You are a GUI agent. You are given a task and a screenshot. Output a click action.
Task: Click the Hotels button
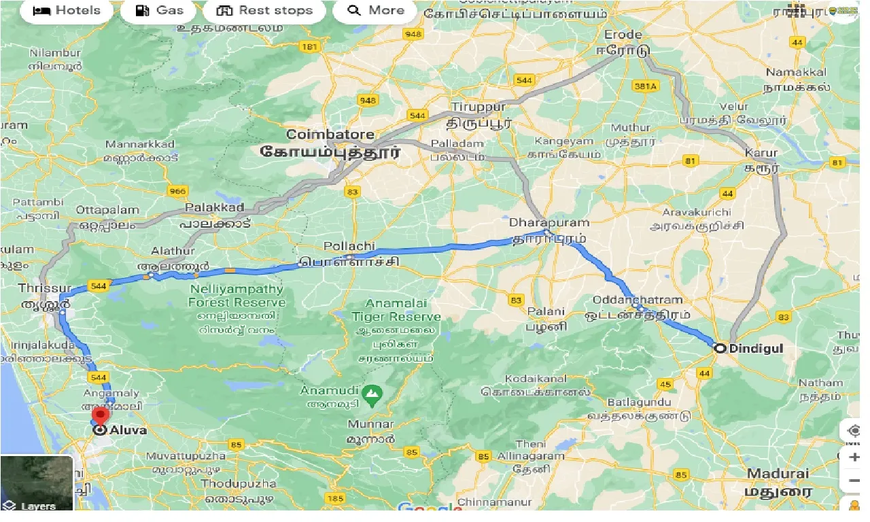tap(66, 10)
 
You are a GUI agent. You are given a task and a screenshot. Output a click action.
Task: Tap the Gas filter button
tap(159, 10)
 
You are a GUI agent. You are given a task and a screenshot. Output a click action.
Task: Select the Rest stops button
tap(264, 10)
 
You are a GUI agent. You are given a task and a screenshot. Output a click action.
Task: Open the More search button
tap(375, 10)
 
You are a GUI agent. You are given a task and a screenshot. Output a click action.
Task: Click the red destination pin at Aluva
tap(101, 417)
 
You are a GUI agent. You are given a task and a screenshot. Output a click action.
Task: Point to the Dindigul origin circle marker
tap(720, 348)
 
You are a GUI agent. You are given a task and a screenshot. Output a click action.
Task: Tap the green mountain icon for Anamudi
tap(371, 393)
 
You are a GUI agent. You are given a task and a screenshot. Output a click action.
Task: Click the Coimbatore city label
tap(330, 135)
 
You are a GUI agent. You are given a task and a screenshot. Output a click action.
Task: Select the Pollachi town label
tap(349, 246)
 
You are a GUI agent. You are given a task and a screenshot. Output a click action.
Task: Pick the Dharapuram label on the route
tap(549, 223)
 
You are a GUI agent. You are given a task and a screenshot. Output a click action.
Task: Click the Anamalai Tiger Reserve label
tap(396, 310)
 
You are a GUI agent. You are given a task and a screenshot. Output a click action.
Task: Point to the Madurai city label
tap(778, 474)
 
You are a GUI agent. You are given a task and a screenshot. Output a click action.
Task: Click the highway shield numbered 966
tap(177, 191)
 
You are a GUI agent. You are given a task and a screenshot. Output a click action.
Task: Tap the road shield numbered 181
tap(309, 47)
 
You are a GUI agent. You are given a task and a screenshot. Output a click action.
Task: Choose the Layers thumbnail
tap(37, 483)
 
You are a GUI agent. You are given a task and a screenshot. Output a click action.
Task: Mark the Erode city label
tap(623, 35)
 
